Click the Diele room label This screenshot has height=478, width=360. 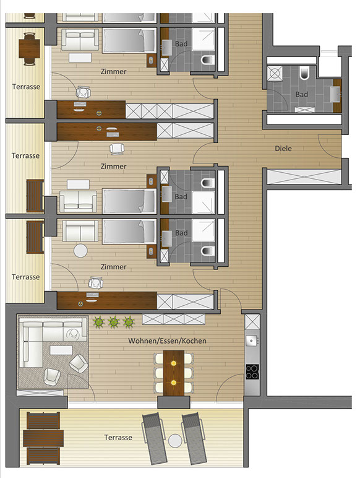[x=283, y=149]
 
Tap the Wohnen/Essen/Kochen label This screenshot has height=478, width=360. [x=167, y=341]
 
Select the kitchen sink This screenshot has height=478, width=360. [x=252, y=340]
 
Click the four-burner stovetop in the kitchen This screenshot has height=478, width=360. [x=252, y=372]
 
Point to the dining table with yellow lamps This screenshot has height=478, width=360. [x=174, y=373]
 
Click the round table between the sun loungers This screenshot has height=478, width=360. [x=175, y=441]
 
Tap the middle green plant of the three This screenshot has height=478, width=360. [x=114, y=322]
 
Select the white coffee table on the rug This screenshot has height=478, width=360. [x=61, y=350]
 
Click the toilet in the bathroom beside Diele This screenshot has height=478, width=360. [x=304, y=74]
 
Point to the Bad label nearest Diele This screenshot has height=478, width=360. [x=301, y=95]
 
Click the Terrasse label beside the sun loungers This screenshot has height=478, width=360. [x=118, y=438]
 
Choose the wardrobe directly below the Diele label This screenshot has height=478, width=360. [x=304, y=177]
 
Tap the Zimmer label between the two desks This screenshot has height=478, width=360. [x=113, y=166]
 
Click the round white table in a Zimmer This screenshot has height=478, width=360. [x=80, y=251]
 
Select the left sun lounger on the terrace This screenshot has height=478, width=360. [x=155, y=438]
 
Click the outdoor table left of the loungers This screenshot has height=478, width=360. [x=43, y=438]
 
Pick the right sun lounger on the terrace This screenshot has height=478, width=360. [x=194, y=438]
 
